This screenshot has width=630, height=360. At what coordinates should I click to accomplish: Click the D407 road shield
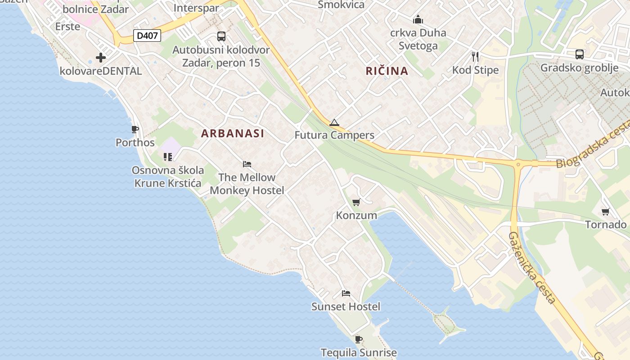(147, 36)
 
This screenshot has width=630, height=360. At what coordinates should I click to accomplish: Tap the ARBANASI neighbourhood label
(233, 133)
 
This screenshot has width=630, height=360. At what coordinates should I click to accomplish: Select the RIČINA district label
(387, 71)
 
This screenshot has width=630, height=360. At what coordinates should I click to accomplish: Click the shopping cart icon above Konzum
(356, 202)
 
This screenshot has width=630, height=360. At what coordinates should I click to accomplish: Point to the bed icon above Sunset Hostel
(346, 293)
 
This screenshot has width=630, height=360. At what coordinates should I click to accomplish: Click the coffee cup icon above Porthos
(135, 130)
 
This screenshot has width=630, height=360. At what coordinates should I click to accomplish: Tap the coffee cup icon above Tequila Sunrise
(358, 339)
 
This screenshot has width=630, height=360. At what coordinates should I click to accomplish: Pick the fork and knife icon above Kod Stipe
(475, 56)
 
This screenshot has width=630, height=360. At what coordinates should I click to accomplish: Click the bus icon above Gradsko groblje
(580, 54)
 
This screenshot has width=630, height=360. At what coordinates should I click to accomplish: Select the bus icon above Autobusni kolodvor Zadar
(221, 36)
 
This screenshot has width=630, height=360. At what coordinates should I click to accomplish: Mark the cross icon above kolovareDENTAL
(101, 58)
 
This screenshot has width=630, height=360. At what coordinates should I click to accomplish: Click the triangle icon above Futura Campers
(334, 122)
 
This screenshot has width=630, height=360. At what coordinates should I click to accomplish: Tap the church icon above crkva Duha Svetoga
(418, 20)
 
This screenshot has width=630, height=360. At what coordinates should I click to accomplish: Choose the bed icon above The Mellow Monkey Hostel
(247, 164)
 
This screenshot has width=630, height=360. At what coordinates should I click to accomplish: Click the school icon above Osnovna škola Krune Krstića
(168, 157)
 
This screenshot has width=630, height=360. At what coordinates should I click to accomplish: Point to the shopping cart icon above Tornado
(606, 211)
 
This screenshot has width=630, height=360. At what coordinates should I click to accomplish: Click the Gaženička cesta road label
(532, 268)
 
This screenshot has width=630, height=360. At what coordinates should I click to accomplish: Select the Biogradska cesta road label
(593, 144)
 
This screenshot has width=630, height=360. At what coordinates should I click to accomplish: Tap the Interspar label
(196, 8)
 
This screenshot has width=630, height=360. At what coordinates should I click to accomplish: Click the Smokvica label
(341, 4)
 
